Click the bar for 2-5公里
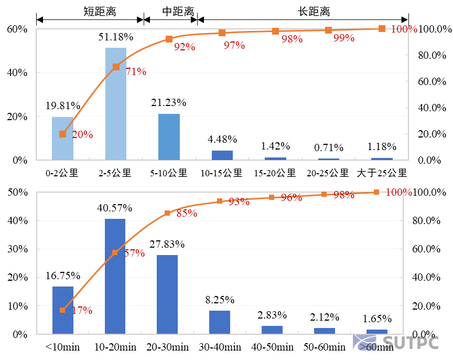click(x=116, y=104)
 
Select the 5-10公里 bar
click(x=169, y=137)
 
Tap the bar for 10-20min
click(x=115, y=276)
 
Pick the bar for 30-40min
click(x=220, y=322)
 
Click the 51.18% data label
click(x=116, y=37)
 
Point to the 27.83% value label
click(x=167, y=244)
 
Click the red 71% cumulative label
click(x=136, y=72)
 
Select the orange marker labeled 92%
click(x=169, y=39)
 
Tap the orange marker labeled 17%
click(x=62, y=310)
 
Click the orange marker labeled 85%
click(x=167, y=213)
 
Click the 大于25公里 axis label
click(x=382, y=173)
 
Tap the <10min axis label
click(x=62, y=347)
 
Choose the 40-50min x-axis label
click(x=273, y=347)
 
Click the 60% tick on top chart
click(x=17, y=29)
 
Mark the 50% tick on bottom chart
click(x=17, y=192)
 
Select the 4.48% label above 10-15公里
click(x=222, y=139)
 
